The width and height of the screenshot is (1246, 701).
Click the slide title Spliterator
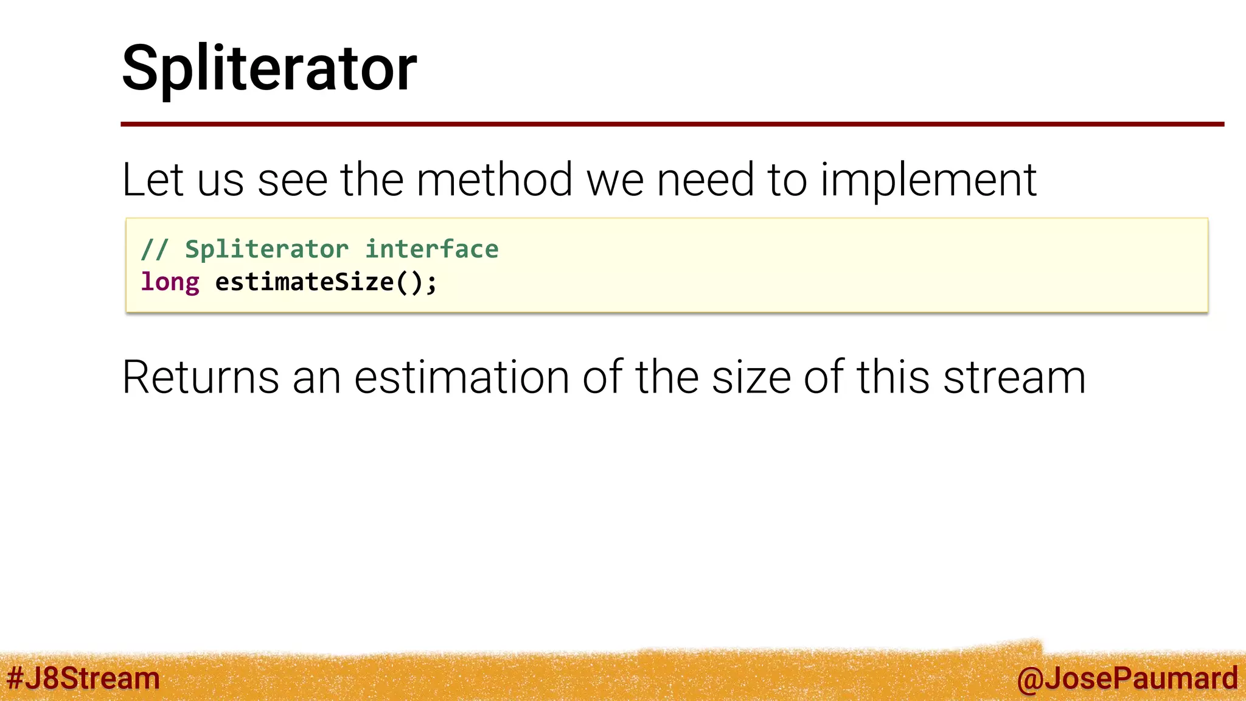coord(269,68)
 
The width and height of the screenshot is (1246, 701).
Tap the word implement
coord(928,181)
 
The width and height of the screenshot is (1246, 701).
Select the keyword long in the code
coord(170,282)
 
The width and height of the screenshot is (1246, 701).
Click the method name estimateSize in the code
coord(304,282)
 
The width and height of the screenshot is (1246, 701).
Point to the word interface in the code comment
coord(431,249)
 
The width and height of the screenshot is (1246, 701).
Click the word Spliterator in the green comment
coord(266,249)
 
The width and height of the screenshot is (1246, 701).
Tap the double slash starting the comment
coord(155,249)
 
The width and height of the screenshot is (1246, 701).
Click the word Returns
coord(201,377)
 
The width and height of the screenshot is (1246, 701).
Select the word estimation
coord(461,377)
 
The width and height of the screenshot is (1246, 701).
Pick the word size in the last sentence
coord(751,377)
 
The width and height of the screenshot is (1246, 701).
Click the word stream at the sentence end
coord(1014,377)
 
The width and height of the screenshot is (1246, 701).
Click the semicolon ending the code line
coord(431,284)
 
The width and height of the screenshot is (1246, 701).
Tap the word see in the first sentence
coord(293,181)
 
